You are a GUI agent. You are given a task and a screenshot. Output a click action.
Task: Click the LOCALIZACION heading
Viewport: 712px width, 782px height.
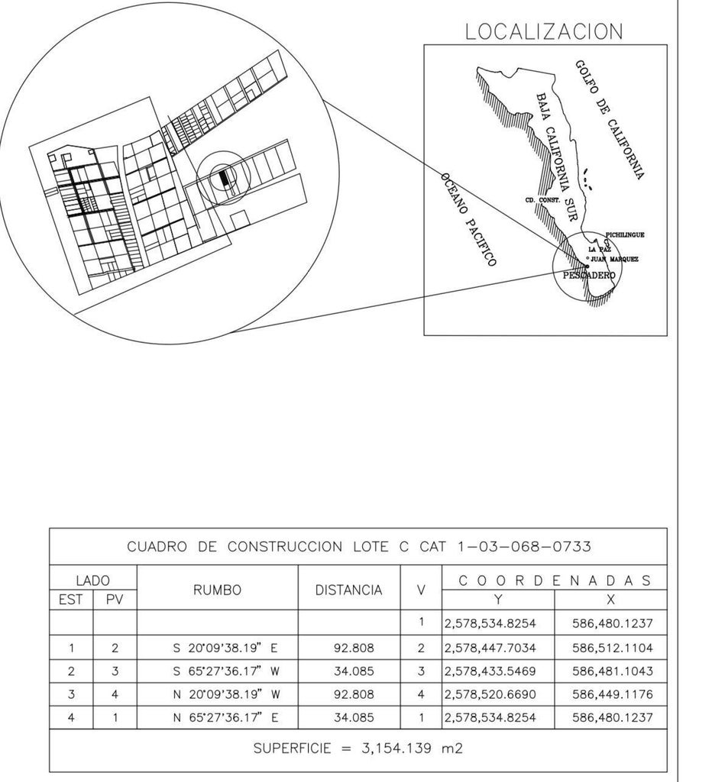pos(544,31)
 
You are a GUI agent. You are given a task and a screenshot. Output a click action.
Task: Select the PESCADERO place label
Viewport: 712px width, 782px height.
pos(589,274)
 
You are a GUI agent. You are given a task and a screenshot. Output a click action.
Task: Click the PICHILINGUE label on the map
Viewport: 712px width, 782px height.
pos(624,235)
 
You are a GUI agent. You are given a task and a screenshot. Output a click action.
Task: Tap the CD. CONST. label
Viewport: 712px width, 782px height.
pos(543,200)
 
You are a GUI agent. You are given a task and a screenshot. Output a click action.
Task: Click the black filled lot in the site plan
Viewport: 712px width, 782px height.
pos(223,178)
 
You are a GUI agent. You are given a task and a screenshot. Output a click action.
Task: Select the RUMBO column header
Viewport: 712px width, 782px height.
pos(217,590)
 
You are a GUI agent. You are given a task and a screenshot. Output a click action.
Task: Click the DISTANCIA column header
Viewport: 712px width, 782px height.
pos(349,590)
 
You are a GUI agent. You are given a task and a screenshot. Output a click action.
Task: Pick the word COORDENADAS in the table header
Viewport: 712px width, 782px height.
pos(554,580)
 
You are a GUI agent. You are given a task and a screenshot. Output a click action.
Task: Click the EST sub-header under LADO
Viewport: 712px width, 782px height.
pos(71,600)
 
